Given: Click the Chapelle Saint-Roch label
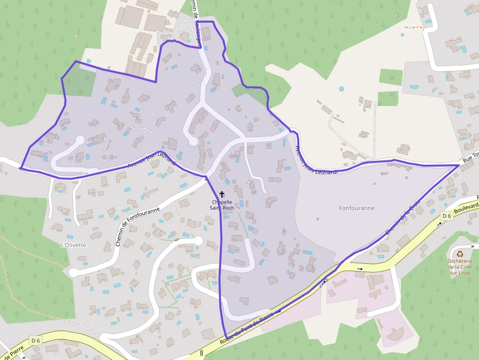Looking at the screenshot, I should click(222, 205).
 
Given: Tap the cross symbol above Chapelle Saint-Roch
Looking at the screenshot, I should click(222, 194).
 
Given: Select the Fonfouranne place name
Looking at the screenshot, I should click(356, 208).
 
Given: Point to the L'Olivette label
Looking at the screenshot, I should click(73, 245).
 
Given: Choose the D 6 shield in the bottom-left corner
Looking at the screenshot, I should click(36, 340).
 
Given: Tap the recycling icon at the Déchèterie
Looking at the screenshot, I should click(460, 254).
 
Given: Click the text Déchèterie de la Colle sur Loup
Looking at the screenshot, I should click(460, 267).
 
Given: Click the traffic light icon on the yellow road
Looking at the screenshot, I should click(201, 353).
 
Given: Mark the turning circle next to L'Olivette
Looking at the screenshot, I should click(74, 273).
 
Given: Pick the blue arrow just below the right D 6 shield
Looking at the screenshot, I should click(439, 223).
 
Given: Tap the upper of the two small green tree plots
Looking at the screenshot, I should click(391, 77).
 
